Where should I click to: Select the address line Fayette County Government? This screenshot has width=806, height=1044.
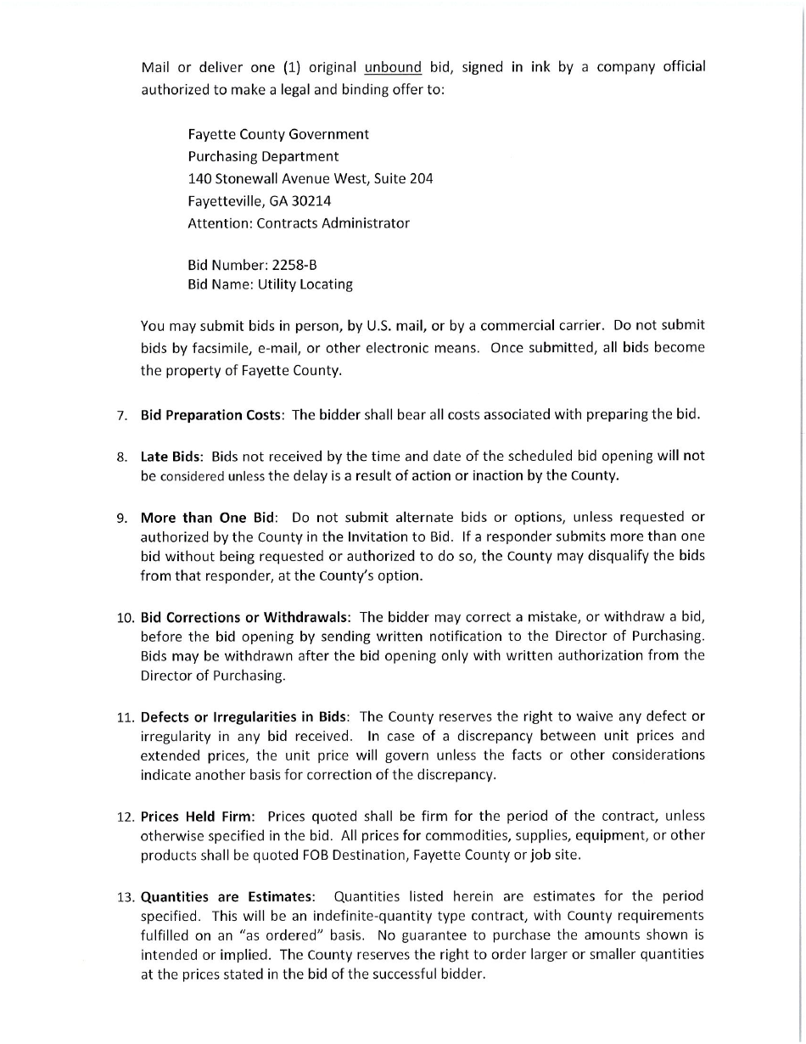pos(278,134)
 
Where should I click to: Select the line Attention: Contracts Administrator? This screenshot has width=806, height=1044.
pos(298,223)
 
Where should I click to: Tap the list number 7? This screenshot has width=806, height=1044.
pos(122,416)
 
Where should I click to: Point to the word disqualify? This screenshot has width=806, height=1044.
pos(612,556)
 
